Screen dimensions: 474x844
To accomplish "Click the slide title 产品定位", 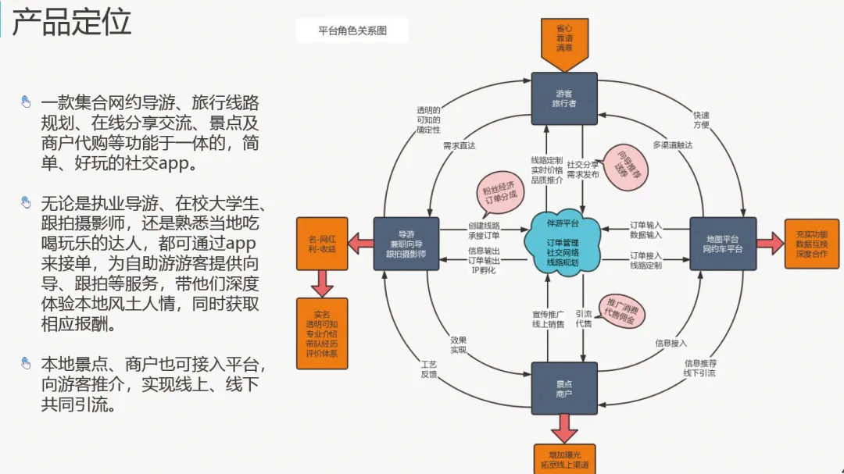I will click(x=72, y=23).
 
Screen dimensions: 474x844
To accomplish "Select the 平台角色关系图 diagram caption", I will click(x=352, y=31).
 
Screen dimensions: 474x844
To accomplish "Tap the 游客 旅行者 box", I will click(x=564, y=98).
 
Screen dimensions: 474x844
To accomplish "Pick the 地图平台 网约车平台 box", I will click(x=723, y=244).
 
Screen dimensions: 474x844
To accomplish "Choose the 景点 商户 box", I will click(x=564, y=388).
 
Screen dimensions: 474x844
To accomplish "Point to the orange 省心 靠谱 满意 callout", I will click(x=564, y=37).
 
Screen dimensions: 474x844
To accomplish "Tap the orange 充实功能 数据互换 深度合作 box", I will click(x=811, y=244).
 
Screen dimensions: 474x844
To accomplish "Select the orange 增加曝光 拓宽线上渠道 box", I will click(x=564, y=459).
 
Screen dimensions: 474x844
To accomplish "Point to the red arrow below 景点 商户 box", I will click(x=564, y=429).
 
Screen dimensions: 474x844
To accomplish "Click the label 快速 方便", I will click(x=701, y=119).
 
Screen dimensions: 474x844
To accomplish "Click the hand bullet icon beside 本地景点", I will click(x=26, y=363).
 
